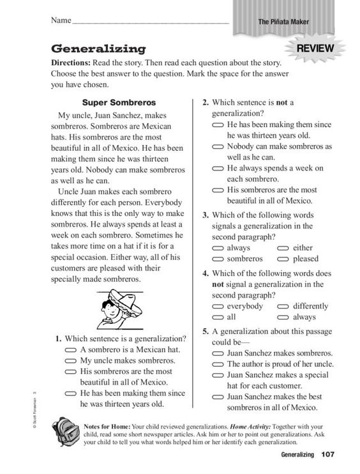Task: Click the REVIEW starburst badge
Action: [x=316, y=49]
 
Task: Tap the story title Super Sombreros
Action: [x=119, y=102]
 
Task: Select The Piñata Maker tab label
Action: [x=283, y=22]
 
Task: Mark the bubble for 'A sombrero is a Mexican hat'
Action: [x=71, y=351]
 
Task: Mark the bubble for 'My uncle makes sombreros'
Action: [x=71, y=362]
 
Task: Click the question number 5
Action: [x=206, y=332]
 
